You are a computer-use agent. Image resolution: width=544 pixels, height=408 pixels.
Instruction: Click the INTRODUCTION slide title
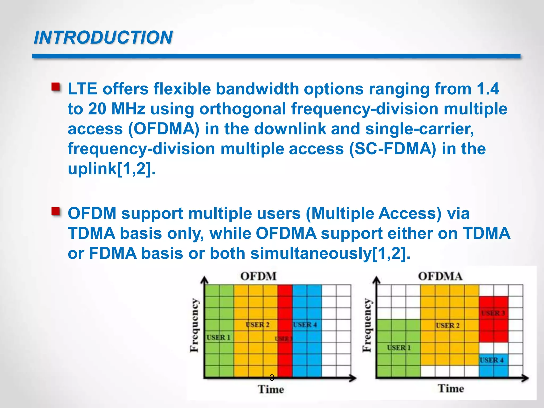click(x=103, y=37)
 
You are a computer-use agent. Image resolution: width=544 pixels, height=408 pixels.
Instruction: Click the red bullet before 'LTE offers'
click(x=56, y=87)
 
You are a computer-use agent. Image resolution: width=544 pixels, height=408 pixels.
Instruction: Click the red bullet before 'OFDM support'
click(x=56, y=211)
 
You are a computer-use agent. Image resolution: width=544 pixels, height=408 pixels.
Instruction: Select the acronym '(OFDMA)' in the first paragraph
click(x=164, y=129)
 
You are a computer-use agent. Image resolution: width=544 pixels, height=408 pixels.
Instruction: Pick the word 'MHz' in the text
click(x=128, y=109)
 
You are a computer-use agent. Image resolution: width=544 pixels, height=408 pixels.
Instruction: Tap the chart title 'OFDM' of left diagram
click(x=258, y=276)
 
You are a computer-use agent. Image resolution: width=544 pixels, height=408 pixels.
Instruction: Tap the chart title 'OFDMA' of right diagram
click(x=440, y=276)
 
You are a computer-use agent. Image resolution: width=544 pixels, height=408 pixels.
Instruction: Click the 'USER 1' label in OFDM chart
click(x=218, y=338)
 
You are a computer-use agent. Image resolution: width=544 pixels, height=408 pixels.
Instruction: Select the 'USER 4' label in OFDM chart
click(x=305, y=325)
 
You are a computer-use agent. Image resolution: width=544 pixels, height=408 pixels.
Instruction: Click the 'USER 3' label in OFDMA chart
click(x=493, y=313)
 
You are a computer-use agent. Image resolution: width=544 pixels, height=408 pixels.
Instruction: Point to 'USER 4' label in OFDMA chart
click(x=491, y=360)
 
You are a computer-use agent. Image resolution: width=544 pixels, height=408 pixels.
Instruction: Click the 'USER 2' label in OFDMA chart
click(x=448, y=325)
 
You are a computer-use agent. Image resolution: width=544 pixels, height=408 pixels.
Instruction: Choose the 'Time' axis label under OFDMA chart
click(x=451, y=389)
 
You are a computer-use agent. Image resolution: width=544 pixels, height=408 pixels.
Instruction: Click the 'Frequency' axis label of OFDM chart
click(x=195, y=325)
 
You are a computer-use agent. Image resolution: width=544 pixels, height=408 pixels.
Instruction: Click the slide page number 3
click(x=272, y=377)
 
